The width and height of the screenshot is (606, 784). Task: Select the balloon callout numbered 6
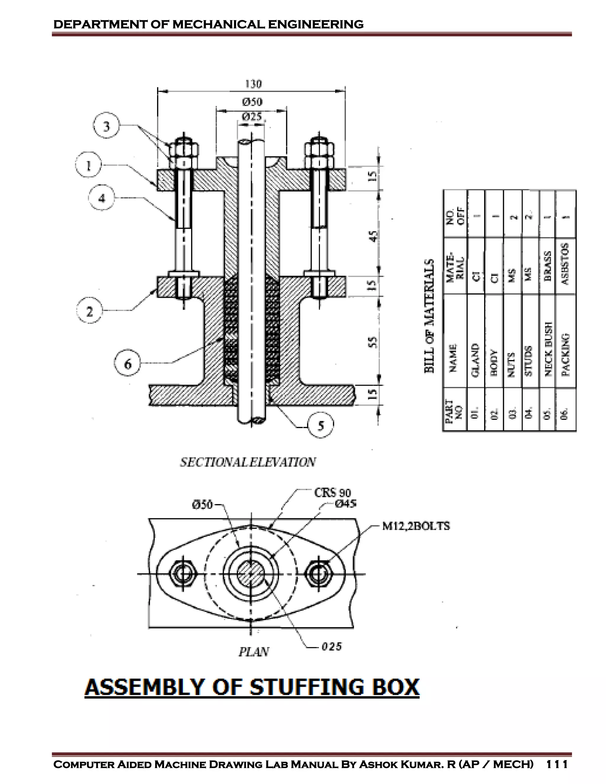pos(128,364)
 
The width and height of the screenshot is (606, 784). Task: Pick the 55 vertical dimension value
pos(373,342)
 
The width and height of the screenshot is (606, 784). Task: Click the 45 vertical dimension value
pos(373,236)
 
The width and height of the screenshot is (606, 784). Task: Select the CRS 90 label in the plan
pos(332,493)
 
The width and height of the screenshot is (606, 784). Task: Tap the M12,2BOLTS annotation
pos(416,526)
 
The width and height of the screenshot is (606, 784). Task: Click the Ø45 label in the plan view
pos(345,504)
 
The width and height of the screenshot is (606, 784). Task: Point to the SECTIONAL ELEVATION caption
pos(248,462)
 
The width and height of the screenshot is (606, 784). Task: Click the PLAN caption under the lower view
pos(254,651)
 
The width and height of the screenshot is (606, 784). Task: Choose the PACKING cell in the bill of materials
pos(565,355)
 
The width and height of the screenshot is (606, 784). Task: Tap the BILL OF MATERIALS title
pos(429,316)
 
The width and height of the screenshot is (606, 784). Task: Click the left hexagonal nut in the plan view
pos(183,574)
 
